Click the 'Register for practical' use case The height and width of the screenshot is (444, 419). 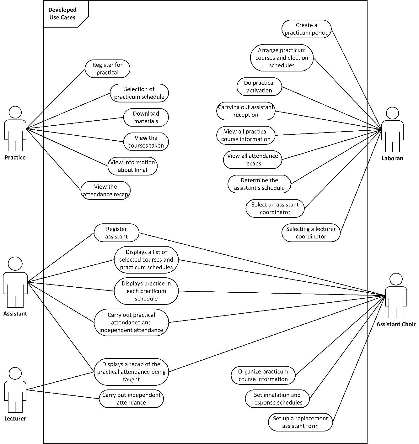click(107, 69)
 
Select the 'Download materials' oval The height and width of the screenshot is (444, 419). click(146, 118)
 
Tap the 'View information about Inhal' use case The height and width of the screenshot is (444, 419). click(132, 166)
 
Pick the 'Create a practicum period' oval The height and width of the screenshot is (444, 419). click(306, 29)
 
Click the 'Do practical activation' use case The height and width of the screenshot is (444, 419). click(259, 87)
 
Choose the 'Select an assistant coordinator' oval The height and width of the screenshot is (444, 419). click(275, 208)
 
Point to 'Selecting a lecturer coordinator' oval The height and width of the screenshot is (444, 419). click(311, 233)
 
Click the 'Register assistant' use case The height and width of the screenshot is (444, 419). click(116, 233)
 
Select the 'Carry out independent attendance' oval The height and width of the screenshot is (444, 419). click(131, 399)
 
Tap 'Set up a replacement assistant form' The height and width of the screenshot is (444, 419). click(300, 422)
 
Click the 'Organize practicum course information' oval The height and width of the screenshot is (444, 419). click(263, 375)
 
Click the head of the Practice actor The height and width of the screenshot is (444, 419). click(15, 112)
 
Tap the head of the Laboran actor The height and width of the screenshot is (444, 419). click(392, 113)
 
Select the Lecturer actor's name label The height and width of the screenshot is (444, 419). click(15, 419)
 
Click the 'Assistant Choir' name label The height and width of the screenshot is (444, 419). click(396, 324)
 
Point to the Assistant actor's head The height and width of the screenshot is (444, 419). click(15, 264)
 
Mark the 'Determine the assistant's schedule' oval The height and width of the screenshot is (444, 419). click(259, 184)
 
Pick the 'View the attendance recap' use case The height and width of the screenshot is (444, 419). click(105, 191)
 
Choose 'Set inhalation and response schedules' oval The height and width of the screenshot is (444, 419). click(277, 399)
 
